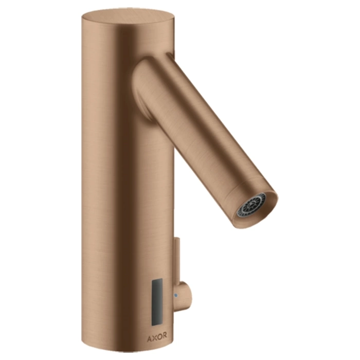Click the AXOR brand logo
157,336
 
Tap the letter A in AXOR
149,337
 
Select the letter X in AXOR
154,336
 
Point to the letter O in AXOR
159,336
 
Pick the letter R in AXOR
165,336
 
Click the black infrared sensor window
157,302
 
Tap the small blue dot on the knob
176,295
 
